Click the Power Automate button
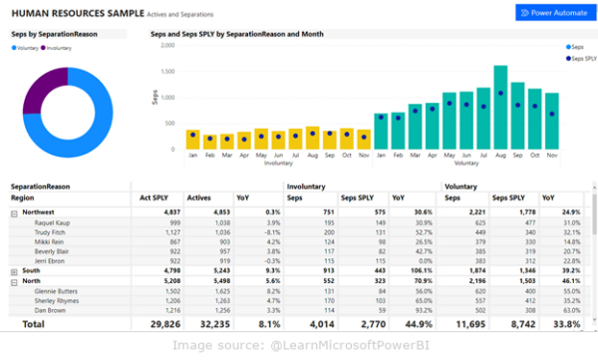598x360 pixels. tap(551, 13)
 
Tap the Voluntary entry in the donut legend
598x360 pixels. tap(27, 47)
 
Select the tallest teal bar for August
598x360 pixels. tap(500, 106)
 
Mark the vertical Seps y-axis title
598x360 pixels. tap(154, 98)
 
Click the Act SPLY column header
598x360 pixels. tap(165, 198)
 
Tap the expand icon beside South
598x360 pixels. tap(14, 270)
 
